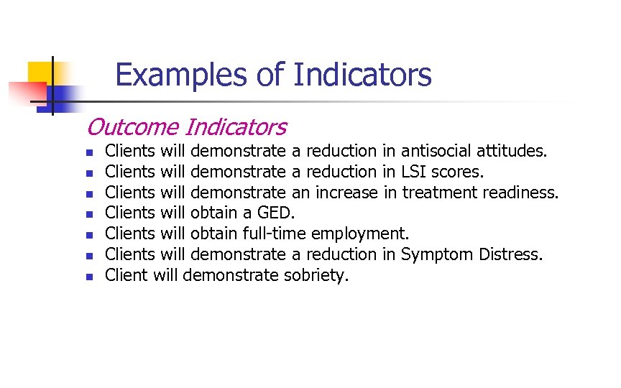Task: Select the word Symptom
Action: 437,254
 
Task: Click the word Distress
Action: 511,254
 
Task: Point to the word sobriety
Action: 316,275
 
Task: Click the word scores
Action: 457,172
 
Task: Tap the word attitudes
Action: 512,151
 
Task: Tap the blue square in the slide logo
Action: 67,96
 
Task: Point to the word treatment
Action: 436,193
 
